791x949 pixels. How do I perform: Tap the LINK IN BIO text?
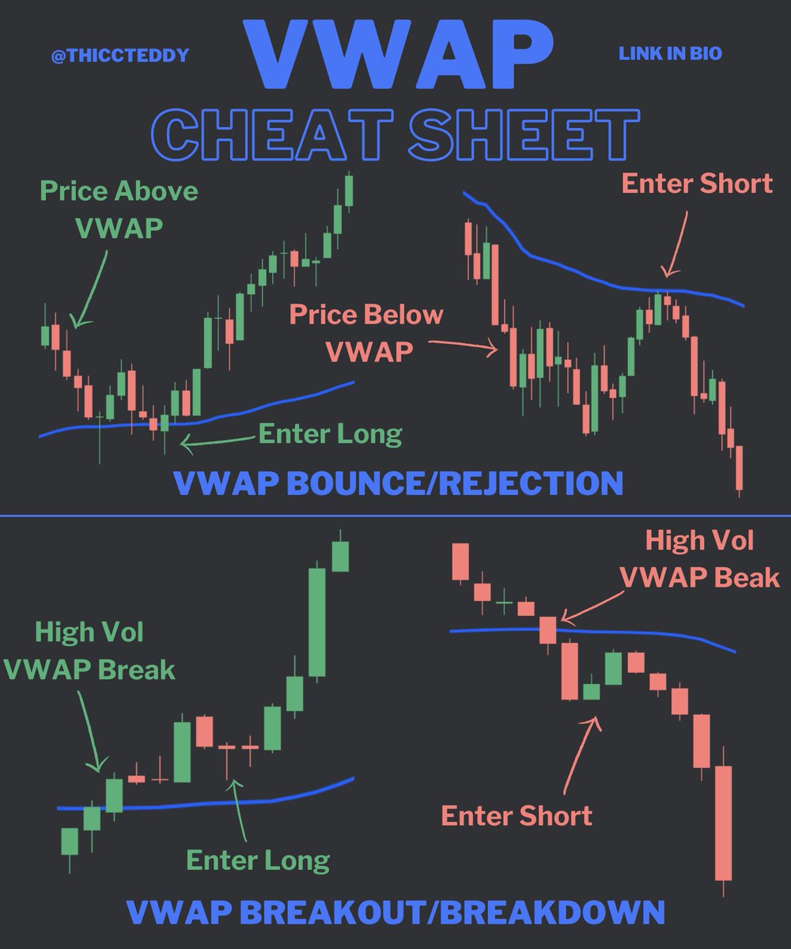tap(670, 55)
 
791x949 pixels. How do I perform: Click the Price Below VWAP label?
tap(366, 332)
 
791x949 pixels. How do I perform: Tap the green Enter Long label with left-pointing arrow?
tap(330, 434)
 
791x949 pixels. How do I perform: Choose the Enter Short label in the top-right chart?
tap(696, 183)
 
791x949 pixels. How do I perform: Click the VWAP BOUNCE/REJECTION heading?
tap(397, 482)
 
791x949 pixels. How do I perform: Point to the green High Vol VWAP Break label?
tap(89, 651)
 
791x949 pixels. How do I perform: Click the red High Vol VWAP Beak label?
tap(699, 559)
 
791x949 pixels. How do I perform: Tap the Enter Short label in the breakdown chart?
tap(517, 815)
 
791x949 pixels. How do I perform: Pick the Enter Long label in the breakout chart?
tap(258, 860)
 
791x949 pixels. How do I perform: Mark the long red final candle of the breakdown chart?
tap(723, 822)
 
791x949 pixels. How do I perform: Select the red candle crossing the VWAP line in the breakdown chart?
tap(548, 630)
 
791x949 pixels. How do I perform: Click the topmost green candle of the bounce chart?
tap(349, 190)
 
